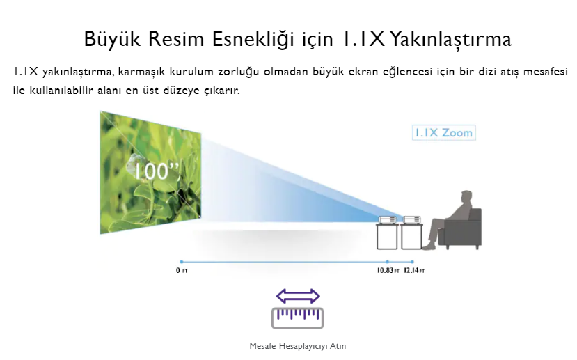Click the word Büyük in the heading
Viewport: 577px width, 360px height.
click(112, 39)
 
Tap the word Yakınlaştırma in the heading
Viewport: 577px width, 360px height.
click(450, 39)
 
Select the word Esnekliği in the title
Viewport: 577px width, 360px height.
click(254, 39)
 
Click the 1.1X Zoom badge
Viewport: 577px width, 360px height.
click(444, 133)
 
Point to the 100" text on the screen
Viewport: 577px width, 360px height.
click(157, 171)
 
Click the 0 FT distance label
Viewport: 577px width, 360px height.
click(182, 271)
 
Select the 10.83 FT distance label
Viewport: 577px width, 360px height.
click(388, 271)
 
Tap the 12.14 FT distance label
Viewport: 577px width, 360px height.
click(414, 271)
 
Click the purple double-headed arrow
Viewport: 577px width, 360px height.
click(298, 296)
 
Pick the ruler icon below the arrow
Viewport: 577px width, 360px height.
click(298, 318)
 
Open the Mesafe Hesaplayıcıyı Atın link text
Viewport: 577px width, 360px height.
click(298, 346)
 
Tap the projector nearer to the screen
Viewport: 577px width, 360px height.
click(388, 220)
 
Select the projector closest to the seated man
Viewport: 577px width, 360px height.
click(412, 220)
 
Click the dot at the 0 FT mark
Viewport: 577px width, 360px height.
click(182, 262)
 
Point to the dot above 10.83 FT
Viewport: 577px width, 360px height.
click(388, 262)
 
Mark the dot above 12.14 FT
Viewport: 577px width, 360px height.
click(412, 262)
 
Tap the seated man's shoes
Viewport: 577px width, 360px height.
click(429, 247)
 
